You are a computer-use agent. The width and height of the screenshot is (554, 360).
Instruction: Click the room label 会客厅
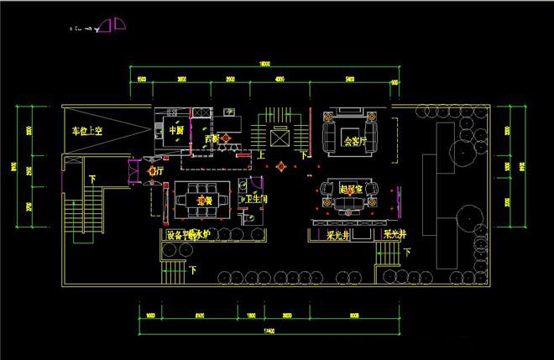click(x=358, y=141)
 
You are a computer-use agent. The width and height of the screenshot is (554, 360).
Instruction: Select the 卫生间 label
click(x=256, y=200)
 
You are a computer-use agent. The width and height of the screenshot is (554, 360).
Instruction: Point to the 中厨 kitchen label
click(x=176, y=131)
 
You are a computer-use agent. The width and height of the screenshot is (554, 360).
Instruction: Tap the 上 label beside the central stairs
click(x=261, y=155)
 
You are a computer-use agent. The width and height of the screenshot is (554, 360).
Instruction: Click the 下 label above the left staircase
click(x=91, y=179)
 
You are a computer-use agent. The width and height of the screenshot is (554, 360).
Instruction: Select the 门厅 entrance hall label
click(x=153, y=171)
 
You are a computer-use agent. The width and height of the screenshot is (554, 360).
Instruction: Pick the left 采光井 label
click(x=338, y=235)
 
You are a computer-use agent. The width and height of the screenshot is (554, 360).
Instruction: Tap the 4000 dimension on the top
click(x=280, y=79)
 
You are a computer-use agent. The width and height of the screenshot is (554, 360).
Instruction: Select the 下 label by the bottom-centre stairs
click(x=193, y=270)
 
